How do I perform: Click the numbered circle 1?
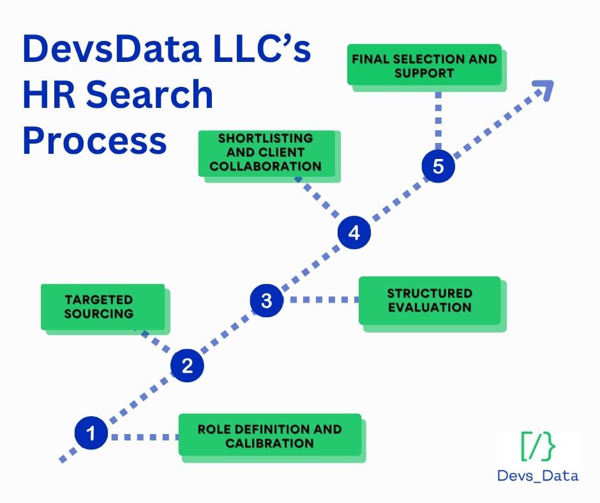click(x=91, y=434)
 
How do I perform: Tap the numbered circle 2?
click(x=187, y=366)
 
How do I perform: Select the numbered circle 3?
click(x=266, y=299)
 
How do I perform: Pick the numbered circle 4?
click(x=354, y=233)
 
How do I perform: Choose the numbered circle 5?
click(x=438, y=167)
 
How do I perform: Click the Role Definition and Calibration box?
click(x=270, y=435)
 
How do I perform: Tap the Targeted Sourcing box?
click(x=103, y=307)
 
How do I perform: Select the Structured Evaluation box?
click(x=429, y=300)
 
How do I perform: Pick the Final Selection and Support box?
click(x=424, y=66)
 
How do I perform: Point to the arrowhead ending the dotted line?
click(x=544, y=90)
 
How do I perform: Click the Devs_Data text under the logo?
click(x=537, y=475)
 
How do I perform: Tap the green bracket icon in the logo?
click(x=537, y=447)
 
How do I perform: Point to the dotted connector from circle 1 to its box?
click(x=144, y=437)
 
